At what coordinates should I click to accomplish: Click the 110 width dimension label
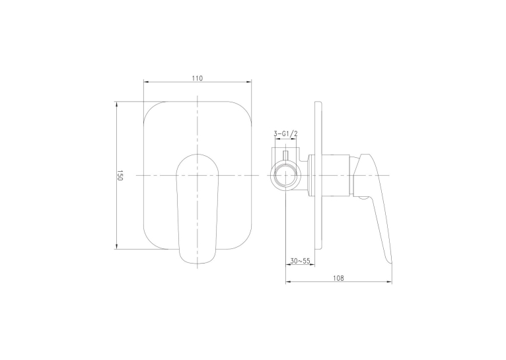tap(197, 79)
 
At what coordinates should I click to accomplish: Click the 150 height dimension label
tap(120, 176)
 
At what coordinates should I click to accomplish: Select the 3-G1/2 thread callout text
tap(285, 133)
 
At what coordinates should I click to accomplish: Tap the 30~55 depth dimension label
tap(300, 261)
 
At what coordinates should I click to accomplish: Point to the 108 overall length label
tap(338, 278)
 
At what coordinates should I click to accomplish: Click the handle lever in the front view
tap(197, 209)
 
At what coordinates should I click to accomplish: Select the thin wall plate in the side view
tap(318, 176)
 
